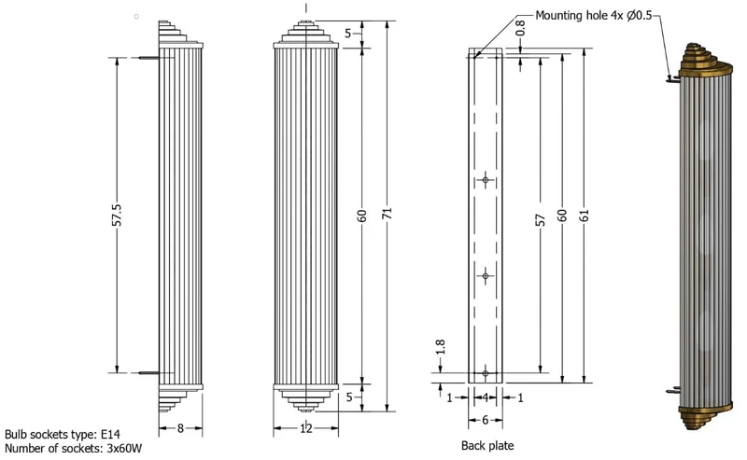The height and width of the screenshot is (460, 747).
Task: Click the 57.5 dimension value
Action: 118,215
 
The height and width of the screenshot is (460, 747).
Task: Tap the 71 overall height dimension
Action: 387,213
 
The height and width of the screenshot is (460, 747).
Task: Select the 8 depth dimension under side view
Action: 180,428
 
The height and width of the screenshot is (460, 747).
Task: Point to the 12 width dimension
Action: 306,428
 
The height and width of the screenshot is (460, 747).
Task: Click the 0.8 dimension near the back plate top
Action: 520,28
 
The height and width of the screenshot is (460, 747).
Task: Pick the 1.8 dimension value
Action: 440,347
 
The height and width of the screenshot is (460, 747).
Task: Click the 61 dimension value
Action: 585,216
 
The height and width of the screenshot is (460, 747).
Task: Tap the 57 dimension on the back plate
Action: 541,219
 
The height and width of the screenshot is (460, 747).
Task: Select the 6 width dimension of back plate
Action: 485,420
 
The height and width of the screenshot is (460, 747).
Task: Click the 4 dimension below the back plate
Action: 485,397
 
